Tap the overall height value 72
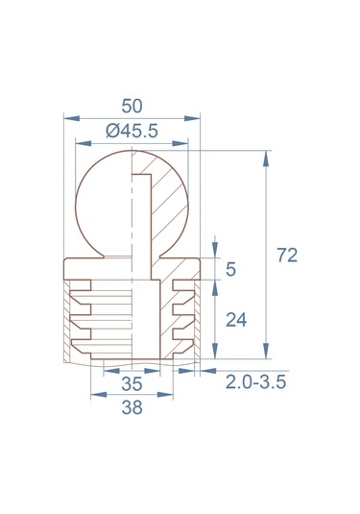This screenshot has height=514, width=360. [x=286, y=256]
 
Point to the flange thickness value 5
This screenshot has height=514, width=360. [x=230, y=270]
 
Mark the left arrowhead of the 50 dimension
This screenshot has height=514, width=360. [x=66, y=118]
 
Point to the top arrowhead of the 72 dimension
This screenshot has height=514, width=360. [x=266, y=154]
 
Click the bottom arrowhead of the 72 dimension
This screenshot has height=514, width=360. [x=266, y=361]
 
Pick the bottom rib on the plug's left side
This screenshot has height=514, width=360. [x=81, y=333]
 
